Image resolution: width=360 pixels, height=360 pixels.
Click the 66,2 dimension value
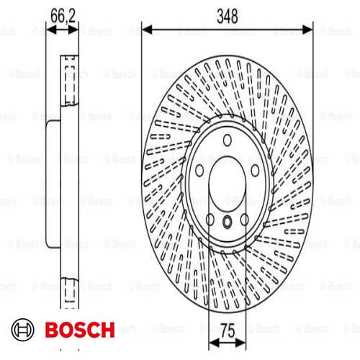(63, 16)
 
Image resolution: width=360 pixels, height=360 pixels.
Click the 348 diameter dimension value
(228, 16)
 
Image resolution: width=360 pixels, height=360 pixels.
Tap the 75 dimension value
(228, 330)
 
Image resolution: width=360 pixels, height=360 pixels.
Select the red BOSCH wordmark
(80, 330)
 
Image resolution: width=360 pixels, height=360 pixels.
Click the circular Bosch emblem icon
(23, 330)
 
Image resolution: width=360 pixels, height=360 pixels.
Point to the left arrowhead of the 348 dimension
(147, 30)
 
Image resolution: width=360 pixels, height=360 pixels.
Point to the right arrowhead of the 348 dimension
(307, 30)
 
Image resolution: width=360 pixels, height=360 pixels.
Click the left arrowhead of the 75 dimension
(214, 343)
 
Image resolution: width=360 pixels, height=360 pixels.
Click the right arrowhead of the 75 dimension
(240, 343)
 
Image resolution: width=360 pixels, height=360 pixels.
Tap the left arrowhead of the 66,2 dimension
(50, 30)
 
